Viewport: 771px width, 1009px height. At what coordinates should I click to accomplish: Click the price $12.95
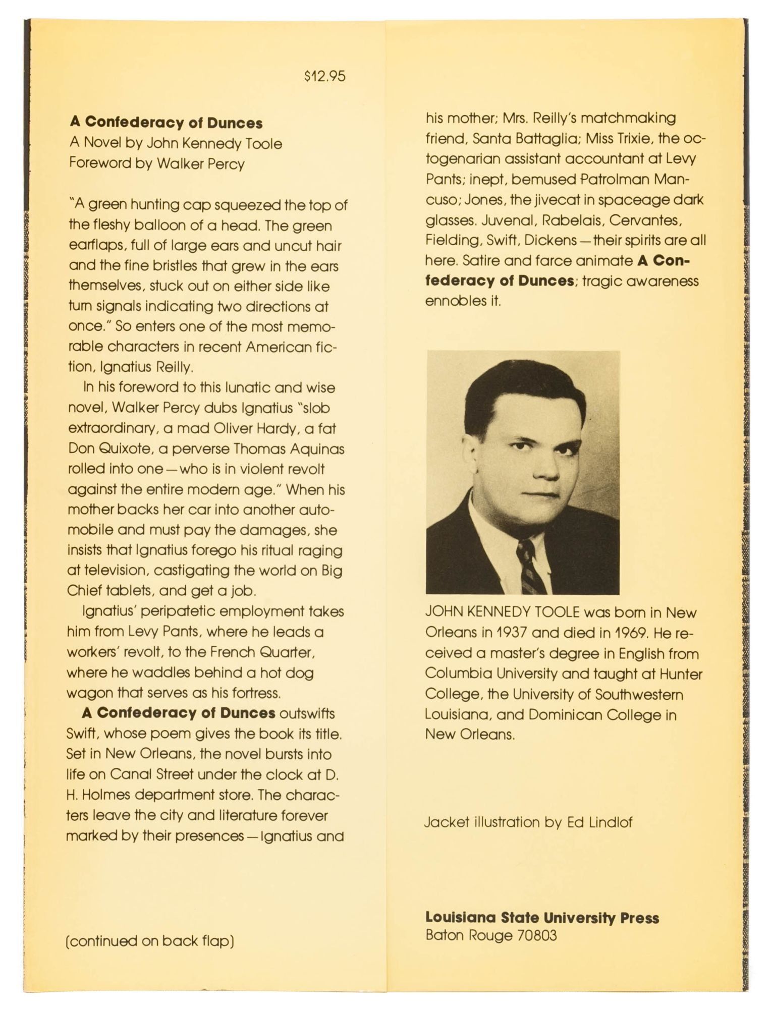click(x=325, y=76)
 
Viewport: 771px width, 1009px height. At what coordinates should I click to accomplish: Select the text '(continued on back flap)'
click(x=150, y=941)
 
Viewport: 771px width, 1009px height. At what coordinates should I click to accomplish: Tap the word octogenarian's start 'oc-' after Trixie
click(x=694, y=138)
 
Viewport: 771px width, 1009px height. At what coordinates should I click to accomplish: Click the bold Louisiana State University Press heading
click(x=542, y=917)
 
